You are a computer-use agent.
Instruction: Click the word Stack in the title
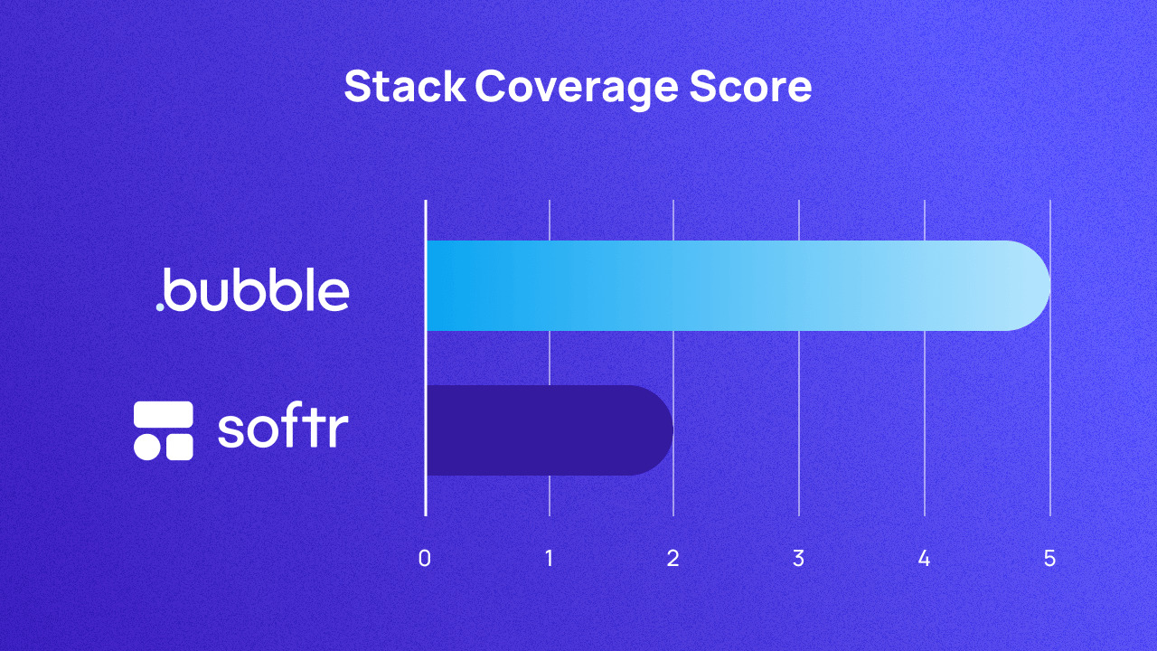[x=404, y=88]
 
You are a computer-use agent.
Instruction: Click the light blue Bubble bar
[x=723, y=286]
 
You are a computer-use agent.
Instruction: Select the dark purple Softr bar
[x=542, y=430]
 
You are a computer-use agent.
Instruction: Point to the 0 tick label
[x=425, y=559]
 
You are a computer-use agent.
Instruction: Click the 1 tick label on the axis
[x=550, y=559]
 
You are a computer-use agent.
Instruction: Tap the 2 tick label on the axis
[x=673, y=559]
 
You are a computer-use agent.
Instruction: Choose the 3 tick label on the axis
[x=798, y=559]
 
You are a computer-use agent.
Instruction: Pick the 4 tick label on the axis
[x=924, y=559]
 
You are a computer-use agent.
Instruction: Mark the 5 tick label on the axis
[x=1049, y=559]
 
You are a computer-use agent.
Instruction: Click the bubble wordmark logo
[x=252, y=288]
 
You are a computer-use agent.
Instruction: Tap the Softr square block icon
[x=164, y=430]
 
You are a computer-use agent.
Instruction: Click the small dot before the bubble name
[x=160, y=307]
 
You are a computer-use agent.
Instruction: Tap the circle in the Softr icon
[x=146, y=447]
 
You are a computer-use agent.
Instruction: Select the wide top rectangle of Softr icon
[x=164, y=414]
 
